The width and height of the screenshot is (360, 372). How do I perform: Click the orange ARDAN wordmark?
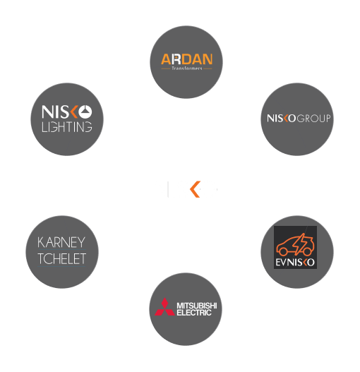pos(187,59)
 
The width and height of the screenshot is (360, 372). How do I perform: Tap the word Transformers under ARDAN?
pos(187,68)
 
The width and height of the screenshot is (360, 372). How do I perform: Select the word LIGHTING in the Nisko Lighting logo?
pos(67,126)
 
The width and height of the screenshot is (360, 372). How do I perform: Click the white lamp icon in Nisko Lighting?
pos(85,112)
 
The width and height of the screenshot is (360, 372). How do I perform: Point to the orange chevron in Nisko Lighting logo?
pos(74,112)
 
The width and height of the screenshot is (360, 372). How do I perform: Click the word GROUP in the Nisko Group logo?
pos(313,118)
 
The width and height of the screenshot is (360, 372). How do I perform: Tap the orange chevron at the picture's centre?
pos(196,189)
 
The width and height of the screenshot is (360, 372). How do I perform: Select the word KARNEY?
pos(61,242)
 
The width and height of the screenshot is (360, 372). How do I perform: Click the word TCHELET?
pos(61,258)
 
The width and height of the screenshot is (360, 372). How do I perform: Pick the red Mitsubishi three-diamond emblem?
pos(164,307)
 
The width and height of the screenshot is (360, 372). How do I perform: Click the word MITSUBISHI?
pos(197,306)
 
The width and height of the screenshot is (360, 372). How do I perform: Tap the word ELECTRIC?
pos(194,313)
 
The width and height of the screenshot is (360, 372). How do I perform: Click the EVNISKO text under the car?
pos(295,262)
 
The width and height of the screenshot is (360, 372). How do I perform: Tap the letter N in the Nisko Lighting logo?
pos(47,112)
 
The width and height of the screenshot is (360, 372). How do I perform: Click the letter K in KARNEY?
pos(41,242)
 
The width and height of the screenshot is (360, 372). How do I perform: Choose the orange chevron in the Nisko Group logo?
pos(287,118)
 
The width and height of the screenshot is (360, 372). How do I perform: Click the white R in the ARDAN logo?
pos(176,59)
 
